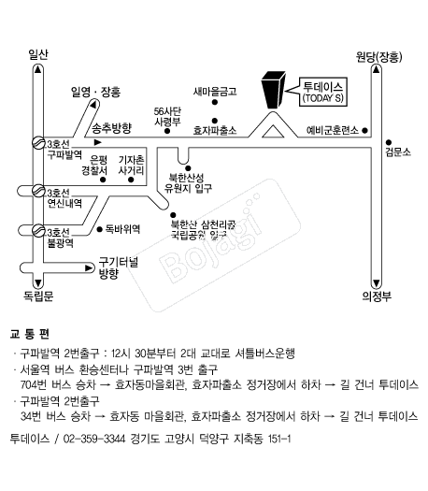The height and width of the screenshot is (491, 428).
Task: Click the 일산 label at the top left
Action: [38, 54]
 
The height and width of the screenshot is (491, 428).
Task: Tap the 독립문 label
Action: [38, 296]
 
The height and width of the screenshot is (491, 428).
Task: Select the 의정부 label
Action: [377, 296]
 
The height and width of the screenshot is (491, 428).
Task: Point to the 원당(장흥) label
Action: [378, 57]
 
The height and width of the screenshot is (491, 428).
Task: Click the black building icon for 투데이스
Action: [273, 90]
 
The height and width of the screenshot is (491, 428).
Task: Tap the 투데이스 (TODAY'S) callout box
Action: [323, 92]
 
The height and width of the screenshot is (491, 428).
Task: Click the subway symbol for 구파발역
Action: [38, 143]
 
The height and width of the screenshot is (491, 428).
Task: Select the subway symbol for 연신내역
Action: [38, 191]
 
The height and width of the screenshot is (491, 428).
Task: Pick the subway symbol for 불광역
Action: [38, 231]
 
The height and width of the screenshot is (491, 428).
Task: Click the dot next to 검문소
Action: [389, 142]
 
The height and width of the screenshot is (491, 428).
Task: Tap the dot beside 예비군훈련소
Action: [364, 130]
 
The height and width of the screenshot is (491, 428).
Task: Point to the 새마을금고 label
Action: [215, 92]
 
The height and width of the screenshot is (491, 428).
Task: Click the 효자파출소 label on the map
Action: [215, 130]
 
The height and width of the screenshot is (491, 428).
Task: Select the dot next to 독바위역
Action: [100, 229]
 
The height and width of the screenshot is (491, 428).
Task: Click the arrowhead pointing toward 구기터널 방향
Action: [89, 268]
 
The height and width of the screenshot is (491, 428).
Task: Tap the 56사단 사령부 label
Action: [167, 117]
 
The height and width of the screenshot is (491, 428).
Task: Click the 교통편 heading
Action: [29, 334]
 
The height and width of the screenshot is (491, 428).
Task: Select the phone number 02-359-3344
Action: [93, 439]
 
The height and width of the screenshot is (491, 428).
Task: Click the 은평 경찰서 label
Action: [94, 166]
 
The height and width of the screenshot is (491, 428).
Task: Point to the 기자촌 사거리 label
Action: [132, 166]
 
